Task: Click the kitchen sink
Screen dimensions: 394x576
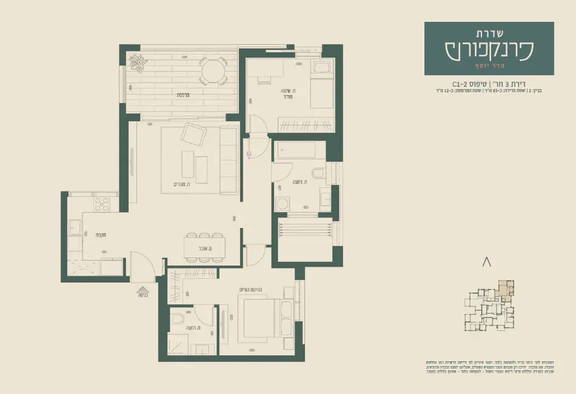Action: [76, 227]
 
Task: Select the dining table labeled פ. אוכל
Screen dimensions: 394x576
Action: [204, 247]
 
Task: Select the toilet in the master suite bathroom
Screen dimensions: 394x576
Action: [179, 319]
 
